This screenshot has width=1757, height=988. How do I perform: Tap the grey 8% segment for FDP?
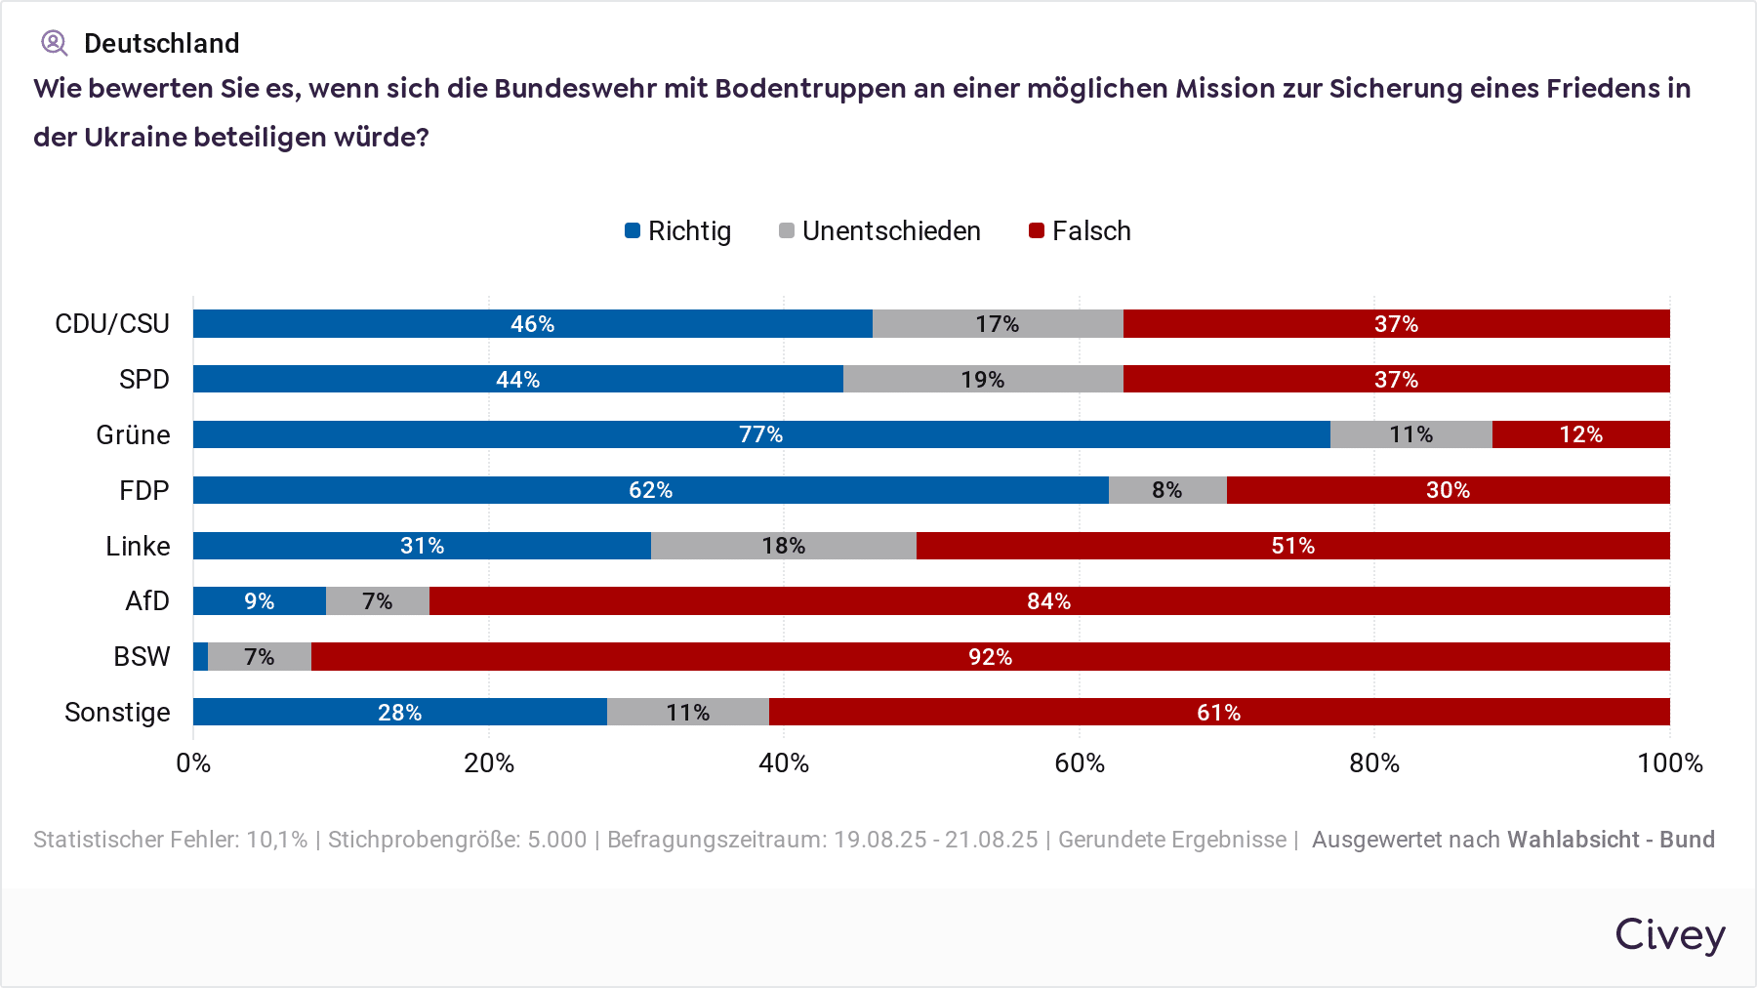pyautogui.click(x=1167, y=490)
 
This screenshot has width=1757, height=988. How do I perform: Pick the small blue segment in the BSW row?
pyautogui.click(x=200, y=657)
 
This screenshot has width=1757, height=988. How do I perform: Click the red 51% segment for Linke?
pyautogui.click(x=1292, y=546)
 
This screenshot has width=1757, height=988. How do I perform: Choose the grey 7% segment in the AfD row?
pyautogui.click(x=377, y=601)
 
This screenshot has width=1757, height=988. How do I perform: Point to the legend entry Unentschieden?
pyautogui.click(x=890, y=231)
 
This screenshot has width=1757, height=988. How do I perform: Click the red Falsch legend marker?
pyautogui.click(x=1037, y=231)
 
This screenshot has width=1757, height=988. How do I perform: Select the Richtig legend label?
pyautogui.click(x=689, y=231)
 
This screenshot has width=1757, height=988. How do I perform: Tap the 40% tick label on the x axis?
pyautogui.click(x=784, y=763)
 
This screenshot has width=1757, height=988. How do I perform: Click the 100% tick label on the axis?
pyautogui.click(x=1669, y=763)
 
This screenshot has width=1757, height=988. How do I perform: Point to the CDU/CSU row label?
pyautogui.click(x=112, y=324)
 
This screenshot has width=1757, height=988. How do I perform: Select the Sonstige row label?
pyautogui.click(x=117, y=713)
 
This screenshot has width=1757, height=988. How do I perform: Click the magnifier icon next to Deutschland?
pyautogui.click(x=54, y=43)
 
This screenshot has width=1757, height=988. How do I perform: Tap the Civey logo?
pyautogui.click(x=1669, y=934)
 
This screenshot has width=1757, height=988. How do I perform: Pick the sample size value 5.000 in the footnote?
pyautogui.click(x=557, y=840)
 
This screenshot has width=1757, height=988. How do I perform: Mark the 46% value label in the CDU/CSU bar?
pyautogui.click(x=533, y=324)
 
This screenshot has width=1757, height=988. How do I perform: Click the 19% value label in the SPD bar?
pyautogui.click(x=982, y=380)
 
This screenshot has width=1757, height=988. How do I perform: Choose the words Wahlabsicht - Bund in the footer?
pyautogui.click(x=1611, y=840)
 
